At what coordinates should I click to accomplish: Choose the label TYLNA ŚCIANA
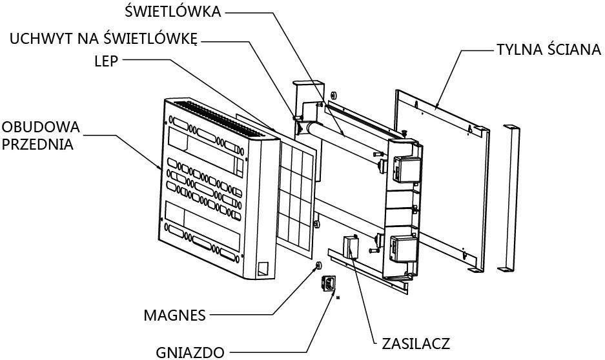[548, 50]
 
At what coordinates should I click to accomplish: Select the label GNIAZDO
[190, 352]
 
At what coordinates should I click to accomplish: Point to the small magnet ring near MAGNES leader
[318, 265]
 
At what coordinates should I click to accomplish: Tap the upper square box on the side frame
[407, 169]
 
